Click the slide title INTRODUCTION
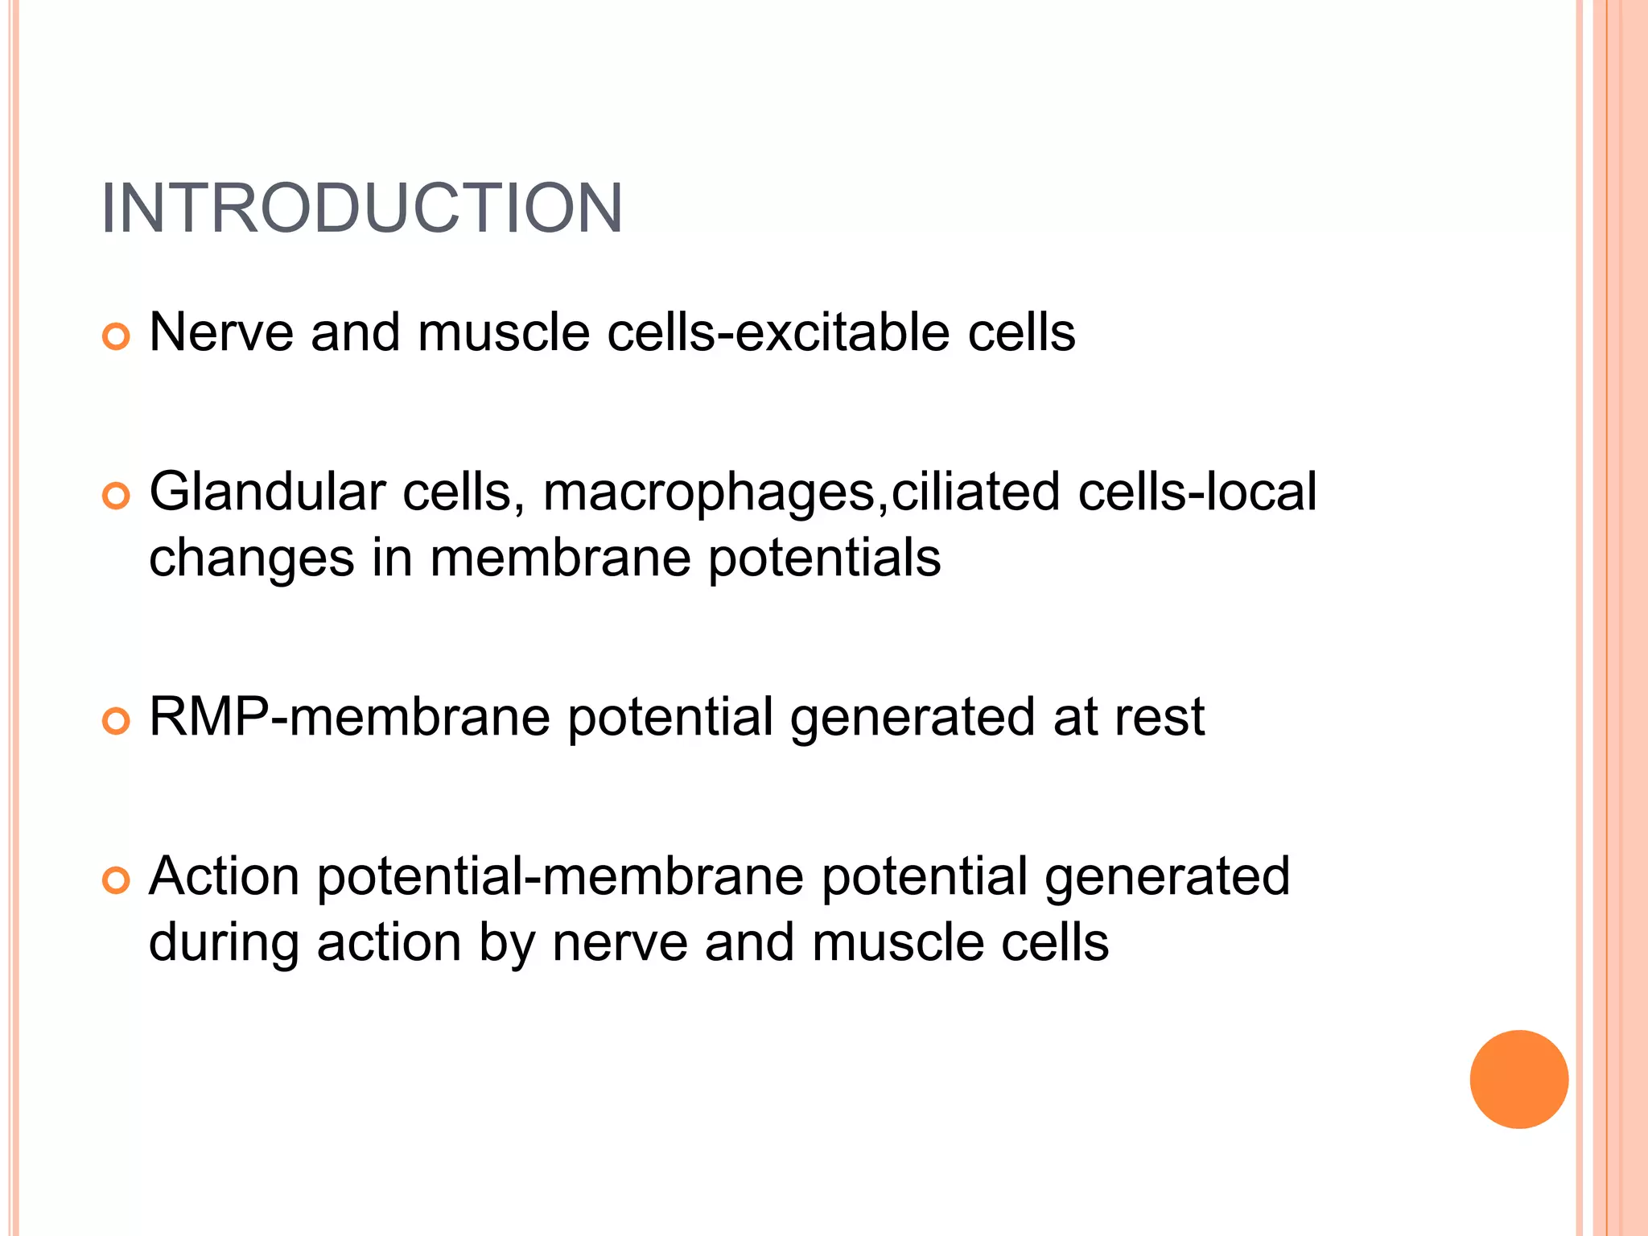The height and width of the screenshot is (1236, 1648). tap(361, 208)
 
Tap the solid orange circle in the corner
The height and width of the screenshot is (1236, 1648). tap(1518, 1079)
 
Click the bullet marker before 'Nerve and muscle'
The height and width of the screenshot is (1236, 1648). tap(116, 337)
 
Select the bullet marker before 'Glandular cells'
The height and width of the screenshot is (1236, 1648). tap(116, 496)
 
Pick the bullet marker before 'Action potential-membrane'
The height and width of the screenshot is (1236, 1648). tap(116, 881)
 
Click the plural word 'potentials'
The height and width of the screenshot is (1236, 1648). tap(824, 558)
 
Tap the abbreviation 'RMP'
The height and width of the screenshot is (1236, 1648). tap(209, 716)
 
